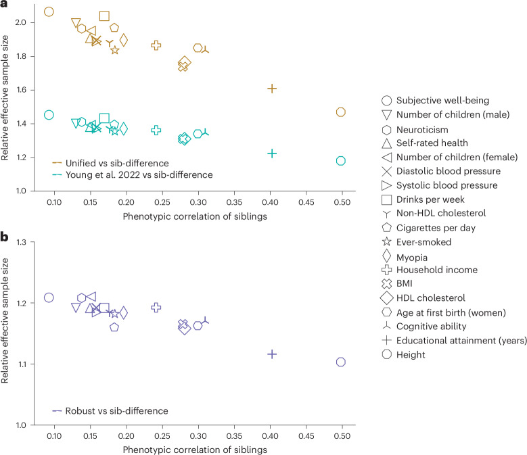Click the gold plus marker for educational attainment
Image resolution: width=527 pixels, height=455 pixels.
[272, 89]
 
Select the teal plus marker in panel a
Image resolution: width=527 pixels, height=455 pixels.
[272, 153]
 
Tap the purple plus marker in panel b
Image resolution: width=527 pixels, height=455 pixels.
[272, 354]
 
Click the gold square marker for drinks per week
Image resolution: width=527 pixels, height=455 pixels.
[105, 16]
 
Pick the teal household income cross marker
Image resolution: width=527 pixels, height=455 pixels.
[156, 130]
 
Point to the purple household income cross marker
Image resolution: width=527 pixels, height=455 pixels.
[156, 307]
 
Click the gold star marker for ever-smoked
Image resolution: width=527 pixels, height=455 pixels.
[115, 50]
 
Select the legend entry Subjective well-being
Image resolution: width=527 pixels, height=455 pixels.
[436, 101]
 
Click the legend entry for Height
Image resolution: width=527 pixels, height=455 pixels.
[403, 354]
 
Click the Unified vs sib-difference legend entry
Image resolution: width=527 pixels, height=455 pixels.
[110, 163]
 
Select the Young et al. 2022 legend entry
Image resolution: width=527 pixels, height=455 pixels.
[133, 175]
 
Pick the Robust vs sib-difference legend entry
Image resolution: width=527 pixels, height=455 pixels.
[110, 410]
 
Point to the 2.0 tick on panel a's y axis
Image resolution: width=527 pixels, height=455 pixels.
[20, 22]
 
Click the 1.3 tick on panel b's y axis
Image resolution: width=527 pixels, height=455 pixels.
[21, 242]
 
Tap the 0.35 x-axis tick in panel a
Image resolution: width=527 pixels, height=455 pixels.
[234, 202]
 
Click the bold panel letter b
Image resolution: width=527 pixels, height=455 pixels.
[4, 237]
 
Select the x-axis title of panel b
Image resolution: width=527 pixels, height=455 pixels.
[195, 450]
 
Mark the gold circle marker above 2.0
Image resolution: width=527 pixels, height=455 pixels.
[49, 11]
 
